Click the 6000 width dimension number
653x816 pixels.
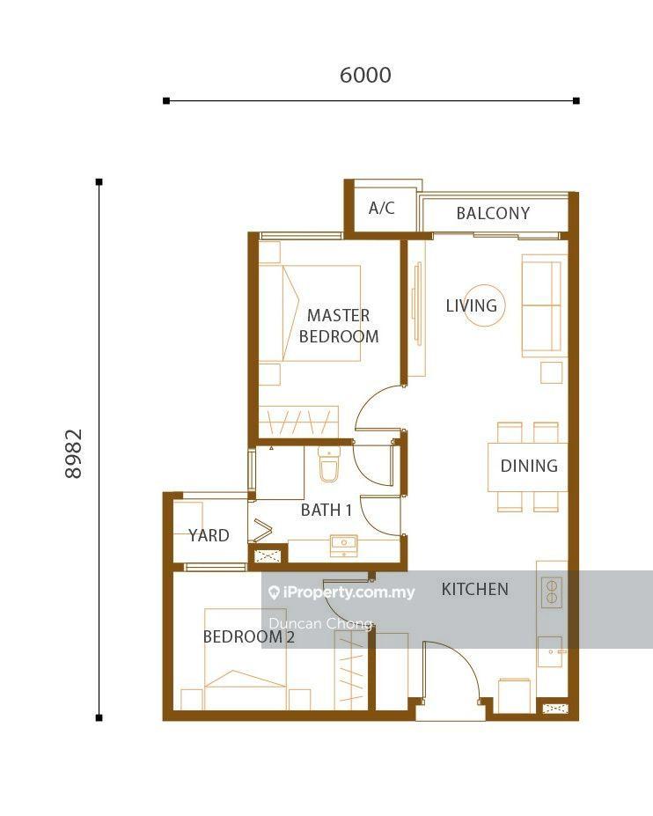(365, 75)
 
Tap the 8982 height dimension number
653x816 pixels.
(73, 453)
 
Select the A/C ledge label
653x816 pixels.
(381, 208)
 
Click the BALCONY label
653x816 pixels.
(493, 213)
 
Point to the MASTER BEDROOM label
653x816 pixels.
(339, 326)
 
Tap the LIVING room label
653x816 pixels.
(472, 305)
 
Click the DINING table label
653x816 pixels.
(529, 466)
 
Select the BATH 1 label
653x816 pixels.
(326, 510)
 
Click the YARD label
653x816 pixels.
(209, 535)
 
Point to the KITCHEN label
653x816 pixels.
(474, 589)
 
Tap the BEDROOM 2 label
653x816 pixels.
(249, 636)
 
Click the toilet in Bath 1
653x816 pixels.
(329, 464)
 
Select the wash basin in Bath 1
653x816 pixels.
(343, 544)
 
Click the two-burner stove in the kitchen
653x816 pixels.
(552, 592)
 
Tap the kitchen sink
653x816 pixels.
(550, 651)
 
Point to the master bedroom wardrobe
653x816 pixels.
(298, 422)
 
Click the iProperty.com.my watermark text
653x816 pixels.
(341, 592)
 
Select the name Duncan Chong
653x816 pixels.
(320, 623)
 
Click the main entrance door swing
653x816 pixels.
(451, 672)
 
